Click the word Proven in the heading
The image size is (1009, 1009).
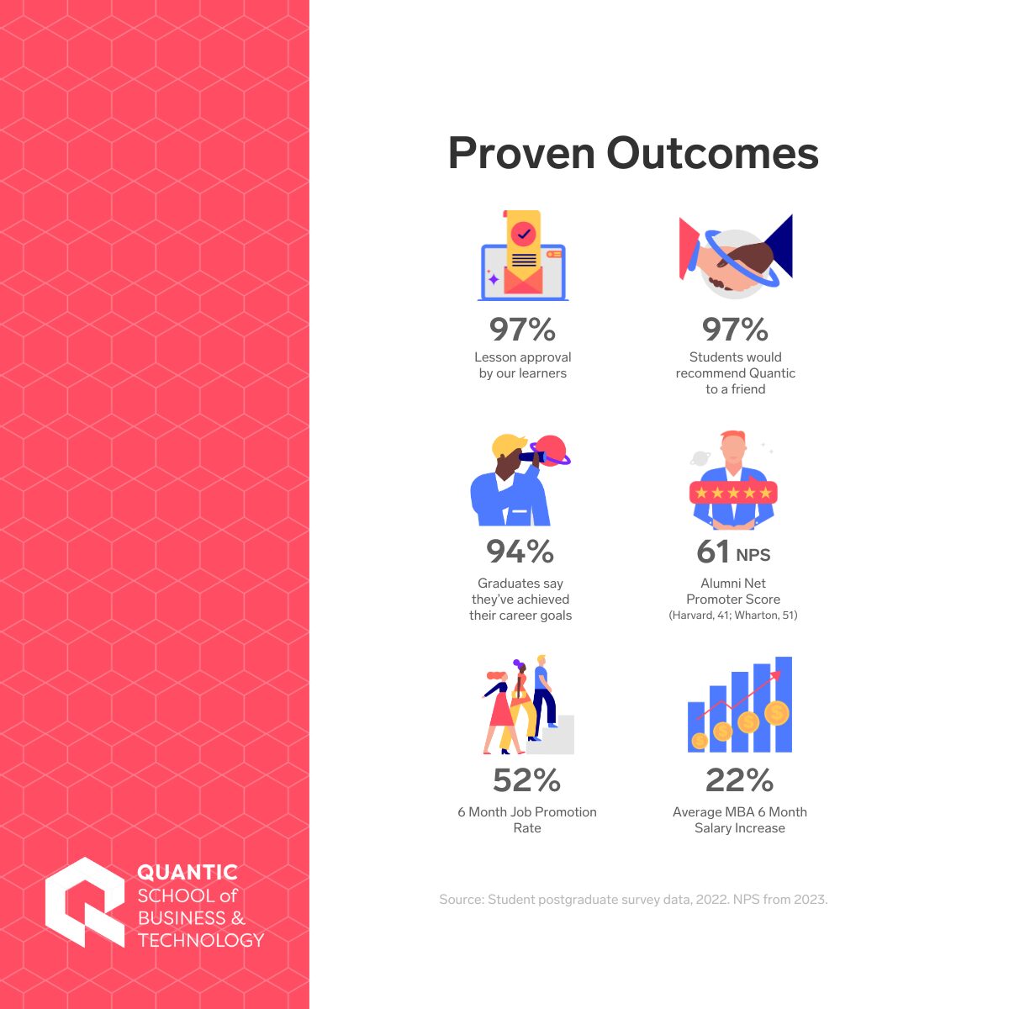(x=520, y=153)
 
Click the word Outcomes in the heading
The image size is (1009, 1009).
(x=712, y=153)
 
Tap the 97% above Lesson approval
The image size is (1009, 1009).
(x=522, y=329)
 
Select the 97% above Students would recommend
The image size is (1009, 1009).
(x=735, y=329)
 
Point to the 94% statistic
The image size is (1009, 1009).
(x=520, y=552)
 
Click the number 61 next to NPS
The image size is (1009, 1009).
(x=713, y=552)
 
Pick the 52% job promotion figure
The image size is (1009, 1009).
(x=526, y=780)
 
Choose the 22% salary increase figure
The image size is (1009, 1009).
(x=739, y=780)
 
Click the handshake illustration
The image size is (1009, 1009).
(x=737, y=256)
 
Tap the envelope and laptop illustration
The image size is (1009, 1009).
(x=523, y=256)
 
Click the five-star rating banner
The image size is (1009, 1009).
(x=733, y=493)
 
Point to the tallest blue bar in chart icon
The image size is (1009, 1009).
(x=784, y=704)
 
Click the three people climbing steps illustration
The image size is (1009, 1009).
(x=526, y=705)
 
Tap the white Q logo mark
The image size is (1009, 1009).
(x=84, y=901)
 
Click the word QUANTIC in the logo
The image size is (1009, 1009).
(x=188, y=872)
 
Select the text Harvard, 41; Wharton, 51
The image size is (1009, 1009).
(x=733, y=615)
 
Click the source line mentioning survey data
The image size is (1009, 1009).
(x=633, y=900)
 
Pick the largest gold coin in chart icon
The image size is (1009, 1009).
(x=777, y=714)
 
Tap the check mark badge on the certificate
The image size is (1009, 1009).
(x=523, y=232)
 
